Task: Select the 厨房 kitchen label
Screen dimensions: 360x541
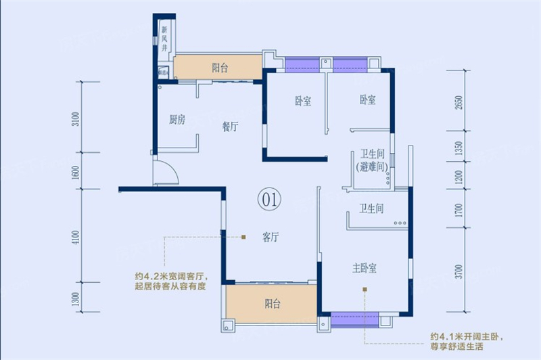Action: point(177,120)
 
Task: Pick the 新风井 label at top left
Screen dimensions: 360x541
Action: point(164,40)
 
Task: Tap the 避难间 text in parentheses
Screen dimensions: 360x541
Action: point(372,166)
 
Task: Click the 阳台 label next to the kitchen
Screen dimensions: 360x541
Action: point(219,68)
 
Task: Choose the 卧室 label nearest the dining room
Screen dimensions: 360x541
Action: point(303,102)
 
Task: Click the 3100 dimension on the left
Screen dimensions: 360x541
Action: point(76,119)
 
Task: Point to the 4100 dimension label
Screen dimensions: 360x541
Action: point(76,238)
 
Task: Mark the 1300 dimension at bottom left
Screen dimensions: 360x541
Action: point(76,298)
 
